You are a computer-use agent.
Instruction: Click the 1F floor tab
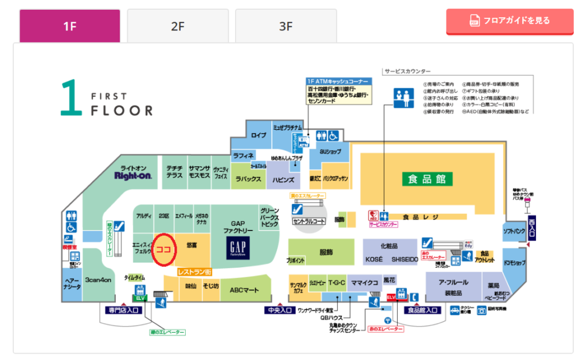(69, 26)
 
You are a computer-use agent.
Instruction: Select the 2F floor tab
(178, 26)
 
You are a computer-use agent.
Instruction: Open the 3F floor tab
(285, 26)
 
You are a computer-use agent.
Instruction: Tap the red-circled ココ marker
(164, 250)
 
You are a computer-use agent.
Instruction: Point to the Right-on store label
(133, 175)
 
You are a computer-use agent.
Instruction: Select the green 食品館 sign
(426, 178)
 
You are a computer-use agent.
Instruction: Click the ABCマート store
(245, 291)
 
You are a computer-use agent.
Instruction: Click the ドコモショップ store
(514, 263)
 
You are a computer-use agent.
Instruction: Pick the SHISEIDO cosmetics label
(405, 259)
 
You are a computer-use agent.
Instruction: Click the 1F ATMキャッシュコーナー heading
(337, 81)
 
